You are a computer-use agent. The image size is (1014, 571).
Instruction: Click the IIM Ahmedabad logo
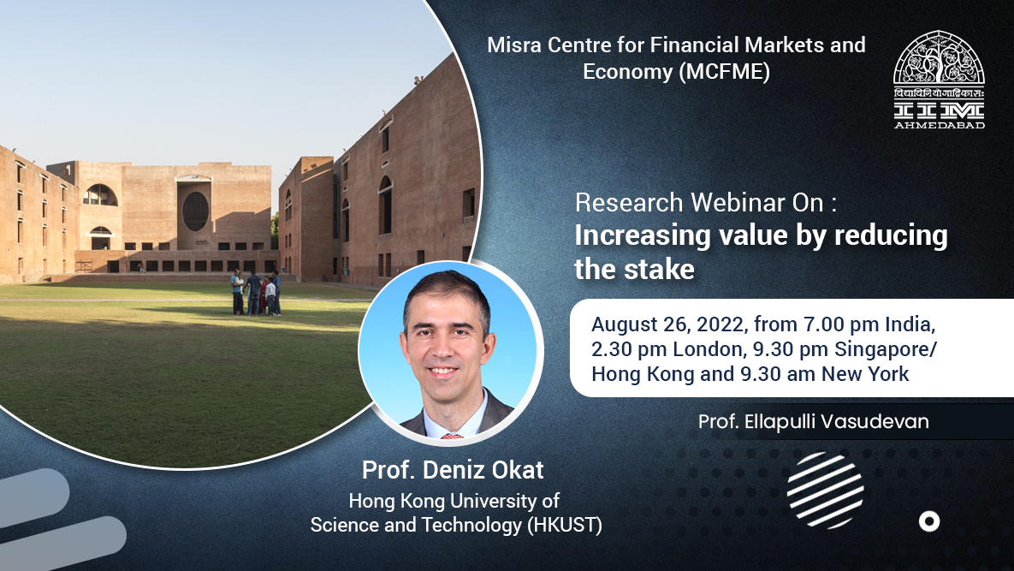(x=939, y=80)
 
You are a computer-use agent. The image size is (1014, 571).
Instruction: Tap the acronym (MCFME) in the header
(x=724, y=71)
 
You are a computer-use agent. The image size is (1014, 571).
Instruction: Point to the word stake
(x=664, y=269)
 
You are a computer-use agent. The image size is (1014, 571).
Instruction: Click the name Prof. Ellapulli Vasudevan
(x=813, y=422)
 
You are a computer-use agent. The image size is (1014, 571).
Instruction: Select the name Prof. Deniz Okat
(x=453, y=470)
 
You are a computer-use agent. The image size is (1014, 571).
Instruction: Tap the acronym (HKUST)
(x=565, y=525)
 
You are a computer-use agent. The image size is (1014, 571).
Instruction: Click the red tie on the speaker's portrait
(x=452, y=436)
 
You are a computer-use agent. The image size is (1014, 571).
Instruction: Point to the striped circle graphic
(x=825, y=491)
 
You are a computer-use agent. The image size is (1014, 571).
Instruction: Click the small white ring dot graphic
(x=929, y=521)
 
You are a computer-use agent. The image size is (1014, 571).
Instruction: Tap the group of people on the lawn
(x=256, y=293)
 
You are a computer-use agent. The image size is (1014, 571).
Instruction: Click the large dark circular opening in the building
(x=195, y=211)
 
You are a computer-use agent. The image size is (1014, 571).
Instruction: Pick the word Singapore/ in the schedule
(x=886, y=349)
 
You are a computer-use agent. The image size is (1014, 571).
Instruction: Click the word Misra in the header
(x=514, y=45)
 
